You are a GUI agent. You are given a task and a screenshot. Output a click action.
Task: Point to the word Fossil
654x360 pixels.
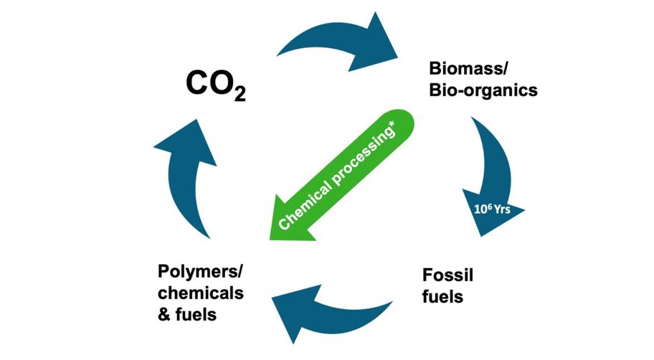tap(445, 275)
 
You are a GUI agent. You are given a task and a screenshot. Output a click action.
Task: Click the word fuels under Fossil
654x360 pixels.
tap(441, 295)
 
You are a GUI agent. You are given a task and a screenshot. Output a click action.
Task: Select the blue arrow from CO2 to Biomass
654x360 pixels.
tap(337, 47)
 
